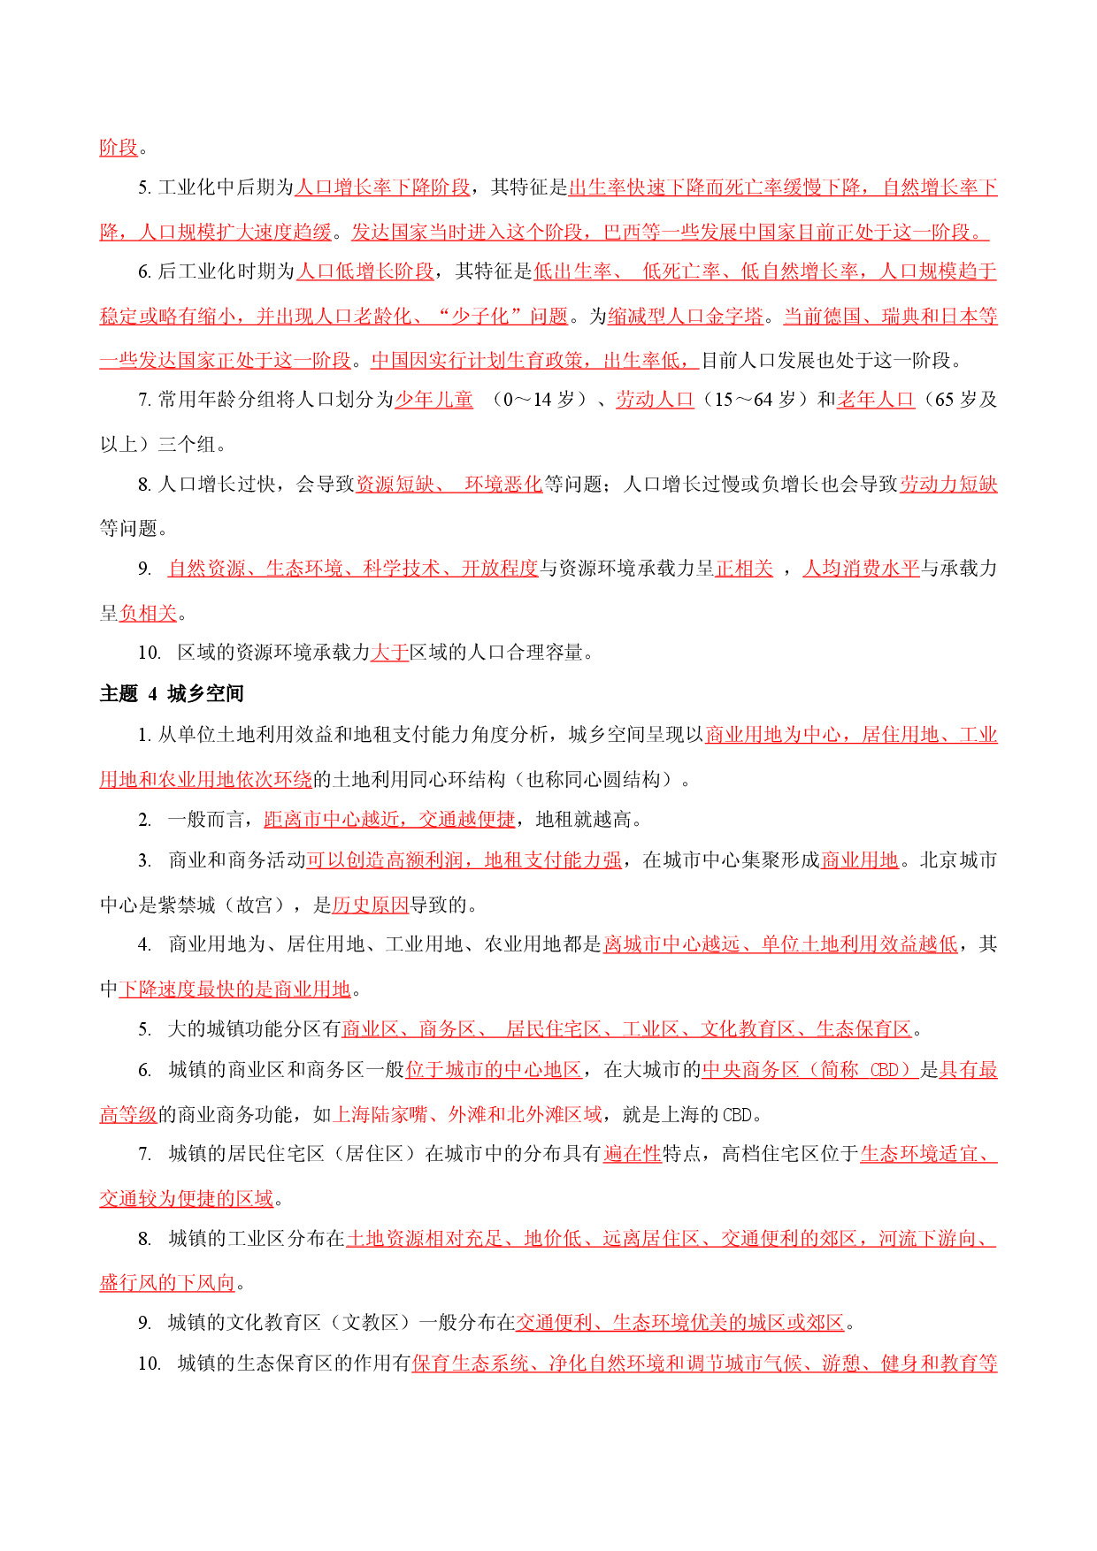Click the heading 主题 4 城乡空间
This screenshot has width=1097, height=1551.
[x=172, y=694]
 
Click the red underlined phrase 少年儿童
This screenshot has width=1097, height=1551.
[x=434, y=400]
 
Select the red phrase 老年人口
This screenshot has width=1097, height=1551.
[x=875, y=400]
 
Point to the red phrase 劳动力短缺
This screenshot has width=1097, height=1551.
[x=948, y=485]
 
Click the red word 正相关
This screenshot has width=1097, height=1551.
[x=744, y=569]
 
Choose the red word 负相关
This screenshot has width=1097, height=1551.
[x=149, y=613]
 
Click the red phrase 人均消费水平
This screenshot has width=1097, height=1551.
[x=862, y=569]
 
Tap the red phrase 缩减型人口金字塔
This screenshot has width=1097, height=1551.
[x=686, y=317]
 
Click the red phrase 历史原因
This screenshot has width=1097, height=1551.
[x=371, y=905]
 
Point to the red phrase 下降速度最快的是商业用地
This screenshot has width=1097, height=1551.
[x=235, y=989]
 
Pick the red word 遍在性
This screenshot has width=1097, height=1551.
[x=633, y=1154]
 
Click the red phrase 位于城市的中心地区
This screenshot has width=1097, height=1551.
[x=494, y=1070]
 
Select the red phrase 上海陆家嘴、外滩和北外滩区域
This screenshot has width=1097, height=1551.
[x=467, y=1115]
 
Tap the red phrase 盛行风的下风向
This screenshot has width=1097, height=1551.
[x=168, y=1283]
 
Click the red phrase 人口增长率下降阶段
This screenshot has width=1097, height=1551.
[x=382, y=187]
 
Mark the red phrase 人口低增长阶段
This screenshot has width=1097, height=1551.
[x=365, y=271]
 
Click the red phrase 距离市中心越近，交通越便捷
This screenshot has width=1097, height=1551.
[x=390, y=820]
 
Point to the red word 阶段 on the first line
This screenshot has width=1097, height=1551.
[x=119, y=148]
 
